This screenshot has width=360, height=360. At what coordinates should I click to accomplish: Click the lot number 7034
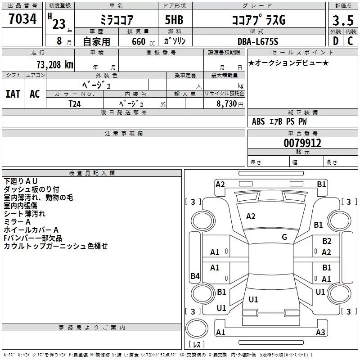22,19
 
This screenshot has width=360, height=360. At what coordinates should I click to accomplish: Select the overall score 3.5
342,20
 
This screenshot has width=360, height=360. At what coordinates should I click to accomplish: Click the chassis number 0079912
302,143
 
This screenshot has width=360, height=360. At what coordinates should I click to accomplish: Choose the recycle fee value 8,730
225,104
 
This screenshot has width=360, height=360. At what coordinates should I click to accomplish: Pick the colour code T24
75,104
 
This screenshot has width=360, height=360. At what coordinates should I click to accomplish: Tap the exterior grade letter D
335,41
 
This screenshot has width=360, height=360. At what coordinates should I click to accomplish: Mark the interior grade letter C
350,41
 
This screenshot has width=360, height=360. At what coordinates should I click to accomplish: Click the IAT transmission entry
13,94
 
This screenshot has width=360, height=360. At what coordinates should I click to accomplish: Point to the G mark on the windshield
284,237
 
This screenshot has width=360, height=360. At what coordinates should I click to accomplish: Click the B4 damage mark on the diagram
195,276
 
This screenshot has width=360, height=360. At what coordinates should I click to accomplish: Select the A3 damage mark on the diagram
320,333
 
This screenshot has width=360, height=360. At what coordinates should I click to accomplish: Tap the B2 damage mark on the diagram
327,242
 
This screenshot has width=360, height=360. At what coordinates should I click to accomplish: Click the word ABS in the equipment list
258,121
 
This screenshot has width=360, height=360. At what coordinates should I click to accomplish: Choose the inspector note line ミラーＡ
17,222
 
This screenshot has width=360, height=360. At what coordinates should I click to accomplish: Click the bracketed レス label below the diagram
197,345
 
